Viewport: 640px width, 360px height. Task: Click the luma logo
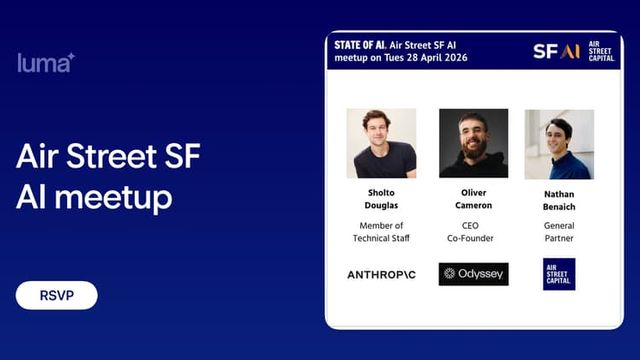[x=45, y=63]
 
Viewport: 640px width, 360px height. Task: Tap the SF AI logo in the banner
[x=556, y=51]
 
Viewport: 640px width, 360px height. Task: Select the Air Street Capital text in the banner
[x=600, y=51]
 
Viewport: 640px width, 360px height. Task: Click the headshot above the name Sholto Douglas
[x=381, y=144]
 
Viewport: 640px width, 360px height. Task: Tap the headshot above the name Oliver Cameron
[x=473, y=144]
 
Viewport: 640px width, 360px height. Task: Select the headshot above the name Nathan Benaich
[x=559, y=144]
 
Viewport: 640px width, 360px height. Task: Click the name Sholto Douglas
[x=381, y=198]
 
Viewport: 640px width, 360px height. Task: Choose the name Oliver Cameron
[x=473, y=198]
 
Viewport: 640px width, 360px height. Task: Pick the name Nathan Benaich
[x=559, y=198]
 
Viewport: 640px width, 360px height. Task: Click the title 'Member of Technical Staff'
[x=381, y=232]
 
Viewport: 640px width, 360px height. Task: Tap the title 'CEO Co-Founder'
[x=473, y=232]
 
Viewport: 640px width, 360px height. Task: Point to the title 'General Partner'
[x=559, y=232]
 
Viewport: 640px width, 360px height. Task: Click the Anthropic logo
[x=381, y=274]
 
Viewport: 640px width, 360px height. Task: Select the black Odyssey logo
[x=473, y=273]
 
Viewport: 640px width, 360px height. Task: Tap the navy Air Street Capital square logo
[x=559, y=273]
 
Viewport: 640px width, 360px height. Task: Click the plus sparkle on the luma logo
[x=71, y=56]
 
